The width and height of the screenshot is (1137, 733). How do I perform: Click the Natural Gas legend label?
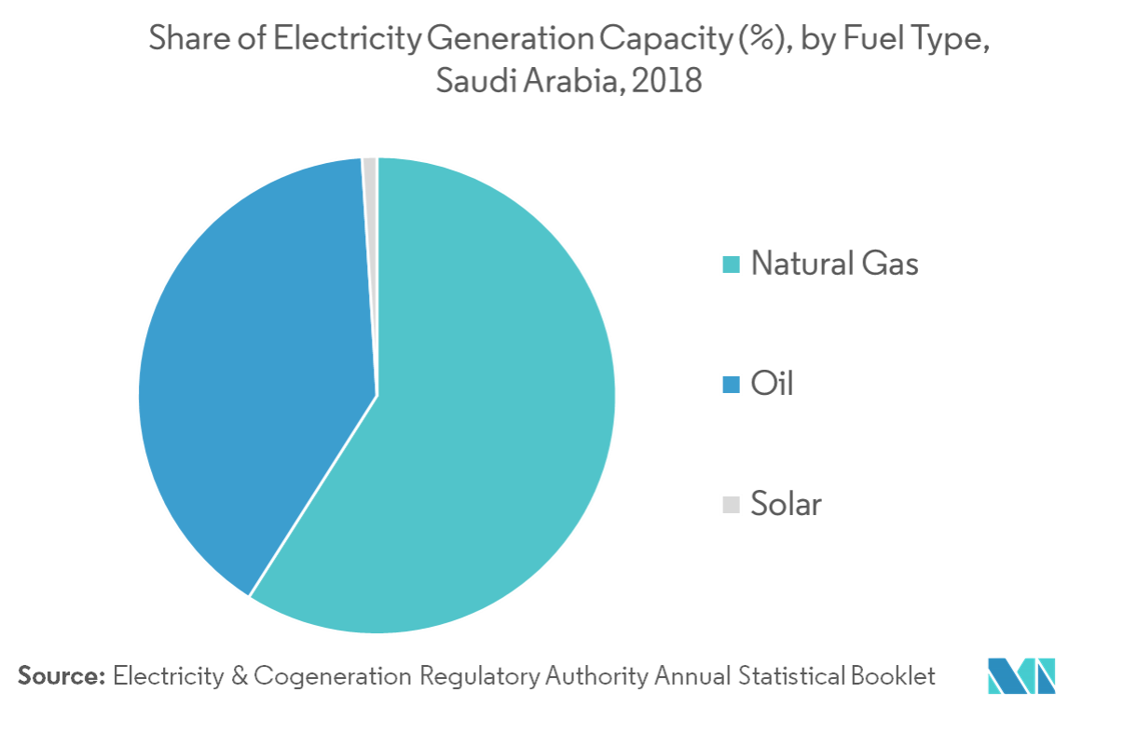point(834,264)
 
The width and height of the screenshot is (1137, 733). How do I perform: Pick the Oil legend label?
point(771,384)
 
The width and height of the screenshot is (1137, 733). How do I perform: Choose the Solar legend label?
point(786,504)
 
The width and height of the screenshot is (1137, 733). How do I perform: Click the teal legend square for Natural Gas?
point(732,265)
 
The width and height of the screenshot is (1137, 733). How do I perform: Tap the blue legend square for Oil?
point(732,384)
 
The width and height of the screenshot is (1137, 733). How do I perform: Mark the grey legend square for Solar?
point(732,505)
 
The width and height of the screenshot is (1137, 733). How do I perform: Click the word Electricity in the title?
point(360,41)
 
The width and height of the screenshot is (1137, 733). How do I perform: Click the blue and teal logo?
point(1021,675)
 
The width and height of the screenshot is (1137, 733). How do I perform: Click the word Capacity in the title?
point(661,41)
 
